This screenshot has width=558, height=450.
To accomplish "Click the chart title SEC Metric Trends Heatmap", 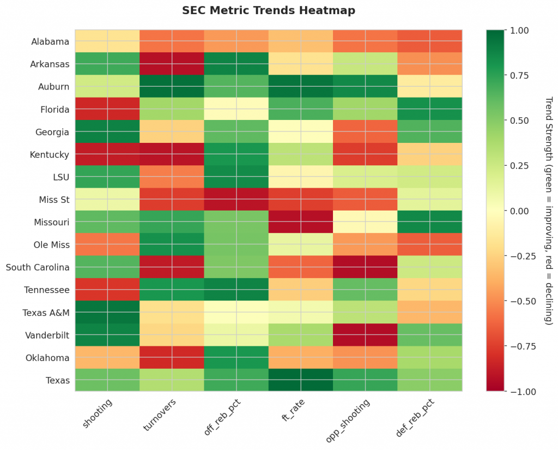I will tap(268, 10).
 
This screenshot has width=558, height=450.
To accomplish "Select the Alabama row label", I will tap(50, 42).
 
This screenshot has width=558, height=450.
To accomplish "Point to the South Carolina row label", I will tap(38, 268).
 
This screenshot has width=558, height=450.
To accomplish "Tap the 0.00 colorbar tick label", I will tap(518, 211).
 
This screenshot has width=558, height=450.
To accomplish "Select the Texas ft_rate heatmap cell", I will tap(301, 380).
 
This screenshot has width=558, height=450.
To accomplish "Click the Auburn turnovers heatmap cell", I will tap(172, 87).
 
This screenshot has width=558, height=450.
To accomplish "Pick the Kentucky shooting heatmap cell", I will tap(107, 154).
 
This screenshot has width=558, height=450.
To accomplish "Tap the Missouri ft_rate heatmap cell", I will tap(301, 222).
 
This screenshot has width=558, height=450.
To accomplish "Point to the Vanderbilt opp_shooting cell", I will tap(365, 335).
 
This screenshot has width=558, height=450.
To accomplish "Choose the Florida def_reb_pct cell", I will tap(430, 109).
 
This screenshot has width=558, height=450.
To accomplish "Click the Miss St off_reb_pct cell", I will tap(236, 200).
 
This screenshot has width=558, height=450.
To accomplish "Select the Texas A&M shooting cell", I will tap(107, 313).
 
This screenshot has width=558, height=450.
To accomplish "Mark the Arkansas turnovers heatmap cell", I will tap(172, 64).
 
